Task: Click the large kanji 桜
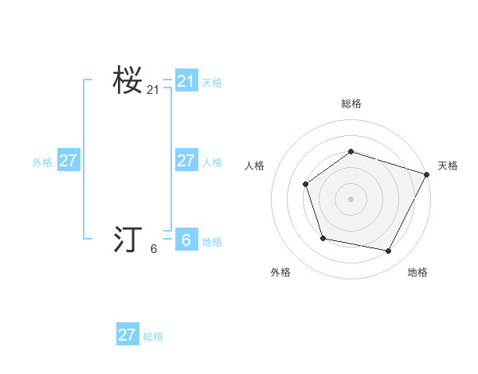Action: [127, 80]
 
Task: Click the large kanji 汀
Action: [127, 240]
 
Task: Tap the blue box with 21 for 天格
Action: [186, 80]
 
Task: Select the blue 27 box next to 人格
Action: [186, 161]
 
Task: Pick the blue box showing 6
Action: [186, 240]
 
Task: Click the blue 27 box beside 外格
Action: [69, 161]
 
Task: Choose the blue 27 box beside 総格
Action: [127, 334]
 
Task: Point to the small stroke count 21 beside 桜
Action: [153, 90]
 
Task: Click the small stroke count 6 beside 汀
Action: [154, 249]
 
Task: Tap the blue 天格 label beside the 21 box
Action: [212, 83]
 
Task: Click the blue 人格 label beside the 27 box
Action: [212, 162]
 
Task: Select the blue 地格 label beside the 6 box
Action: [212, 242]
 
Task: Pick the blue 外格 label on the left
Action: [42, 162]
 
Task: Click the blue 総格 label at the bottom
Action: [153, 337]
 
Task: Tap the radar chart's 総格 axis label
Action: [351, 104]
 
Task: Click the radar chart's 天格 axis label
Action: [448, 166]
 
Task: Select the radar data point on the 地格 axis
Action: [389, 251]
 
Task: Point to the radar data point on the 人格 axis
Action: [306, 185]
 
